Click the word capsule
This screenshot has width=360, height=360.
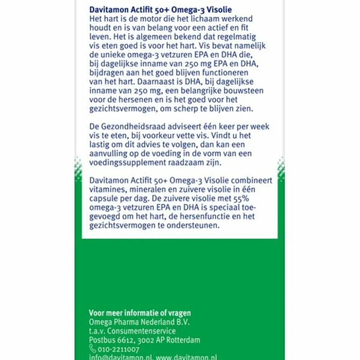click(104, 198)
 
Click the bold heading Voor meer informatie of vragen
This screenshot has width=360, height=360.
click(140, 313)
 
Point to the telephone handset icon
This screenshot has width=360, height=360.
click(92, 349)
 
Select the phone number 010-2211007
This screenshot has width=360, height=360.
click(119, 349)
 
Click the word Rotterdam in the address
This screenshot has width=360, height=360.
click(183, 340)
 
